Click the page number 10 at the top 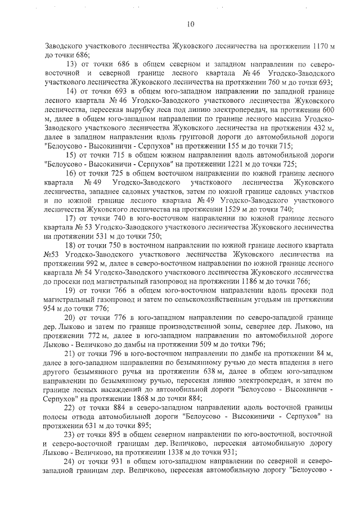point(190,24)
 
